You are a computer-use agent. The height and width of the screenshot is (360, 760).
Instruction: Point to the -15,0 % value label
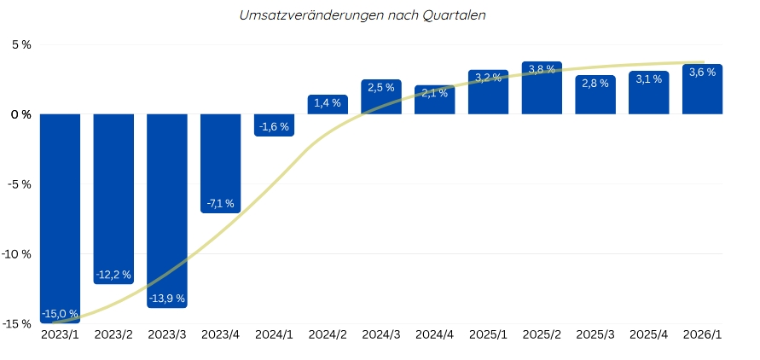pos(60,314)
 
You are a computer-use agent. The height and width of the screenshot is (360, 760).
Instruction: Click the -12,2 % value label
pos(113,275)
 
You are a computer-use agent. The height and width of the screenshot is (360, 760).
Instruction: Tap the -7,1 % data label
pos(220,204)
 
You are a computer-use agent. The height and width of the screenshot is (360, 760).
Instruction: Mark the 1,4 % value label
pos(328,103)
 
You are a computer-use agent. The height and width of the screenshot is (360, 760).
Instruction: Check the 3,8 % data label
pos(542,69)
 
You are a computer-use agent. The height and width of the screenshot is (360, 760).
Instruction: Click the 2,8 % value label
pos(595,84)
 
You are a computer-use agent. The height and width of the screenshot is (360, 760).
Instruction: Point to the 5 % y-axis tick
pos(21,44)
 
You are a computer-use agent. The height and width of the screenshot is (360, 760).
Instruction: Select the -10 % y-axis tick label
pos(17,254)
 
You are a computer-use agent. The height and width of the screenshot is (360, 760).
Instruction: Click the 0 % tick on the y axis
pos(21,114)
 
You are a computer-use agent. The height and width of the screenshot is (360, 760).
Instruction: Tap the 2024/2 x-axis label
pos(328,336)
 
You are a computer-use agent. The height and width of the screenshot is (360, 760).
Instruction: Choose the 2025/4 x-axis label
pos(649,336)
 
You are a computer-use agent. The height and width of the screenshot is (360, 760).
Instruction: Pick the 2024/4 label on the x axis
pos(434,336)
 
